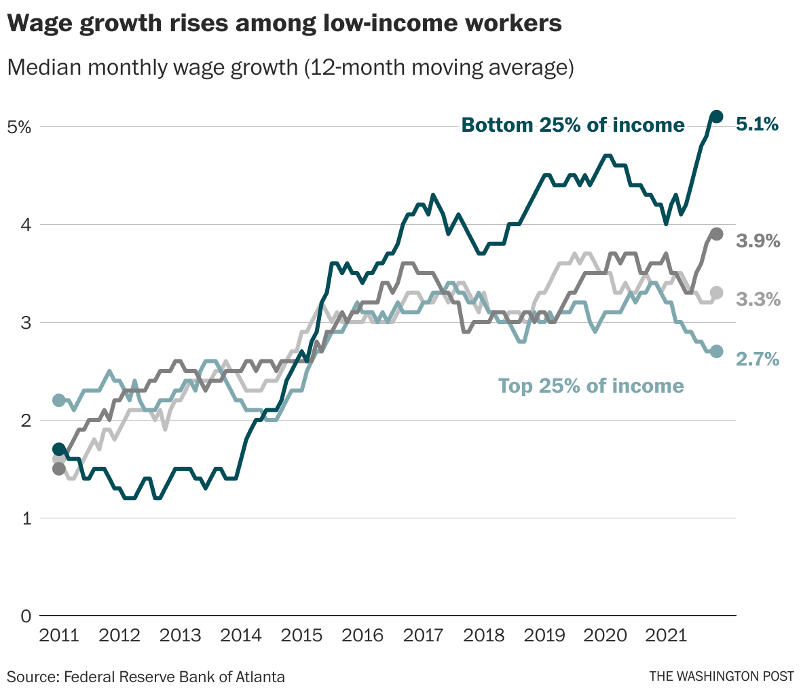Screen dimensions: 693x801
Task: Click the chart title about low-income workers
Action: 284,24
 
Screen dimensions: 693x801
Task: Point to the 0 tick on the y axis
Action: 25,616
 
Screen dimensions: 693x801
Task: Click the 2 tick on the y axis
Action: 25,421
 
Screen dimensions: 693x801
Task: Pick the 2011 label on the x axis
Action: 59,636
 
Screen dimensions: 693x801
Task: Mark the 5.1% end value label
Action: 758,124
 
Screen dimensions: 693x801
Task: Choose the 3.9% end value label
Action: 758,241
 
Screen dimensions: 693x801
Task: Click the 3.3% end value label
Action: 758,300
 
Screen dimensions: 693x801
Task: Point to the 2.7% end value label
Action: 758,359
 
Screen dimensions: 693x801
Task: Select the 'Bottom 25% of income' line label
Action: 573,125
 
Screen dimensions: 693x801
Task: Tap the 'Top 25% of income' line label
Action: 591,386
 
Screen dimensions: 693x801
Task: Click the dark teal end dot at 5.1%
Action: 716,117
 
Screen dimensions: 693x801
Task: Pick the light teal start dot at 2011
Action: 59,400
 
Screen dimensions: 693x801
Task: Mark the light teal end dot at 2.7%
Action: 716,351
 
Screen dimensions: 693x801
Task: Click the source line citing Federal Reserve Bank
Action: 146,677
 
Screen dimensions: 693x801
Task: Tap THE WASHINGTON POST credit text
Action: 721,677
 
